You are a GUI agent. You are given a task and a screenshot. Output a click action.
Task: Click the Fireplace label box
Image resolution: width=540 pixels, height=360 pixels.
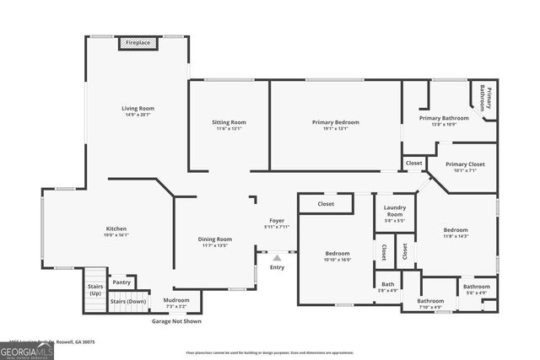click(x=138, y=42)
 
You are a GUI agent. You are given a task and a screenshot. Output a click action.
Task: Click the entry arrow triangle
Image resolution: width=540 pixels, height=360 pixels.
click(x=277, y=258)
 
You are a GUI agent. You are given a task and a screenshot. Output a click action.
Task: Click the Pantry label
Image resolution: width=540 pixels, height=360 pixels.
click(x=121, y=282)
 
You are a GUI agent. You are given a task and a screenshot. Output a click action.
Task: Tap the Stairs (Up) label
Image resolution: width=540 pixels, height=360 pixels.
click(x=95, y=290)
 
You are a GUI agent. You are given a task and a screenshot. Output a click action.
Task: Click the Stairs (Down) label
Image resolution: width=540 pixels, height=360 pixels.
click(x=128, y=300)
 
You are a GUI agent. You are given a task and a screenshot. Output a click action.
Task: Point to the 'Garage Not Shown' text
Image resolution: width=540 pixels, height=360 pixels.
click(x=176, y=321)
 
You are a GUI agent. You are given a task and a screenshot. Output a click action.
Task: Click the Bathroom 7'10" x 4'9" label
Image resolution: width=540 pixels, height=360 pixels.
click(x=429, y=304)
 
